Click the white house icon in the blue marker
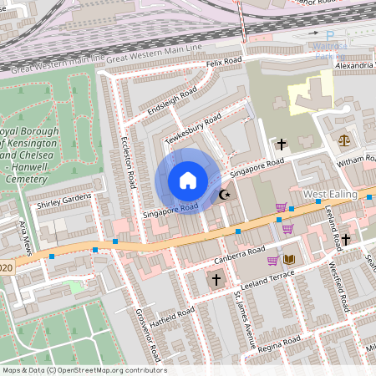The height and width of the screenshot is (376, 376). (x=188, y=180)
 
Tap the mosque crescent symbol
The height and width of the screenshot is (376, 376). (x=223, y=195)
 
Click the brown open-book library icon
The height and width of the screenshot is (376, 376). (x=289, y=260)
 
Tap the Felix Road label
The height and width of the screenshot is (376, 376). (x=224, y=63)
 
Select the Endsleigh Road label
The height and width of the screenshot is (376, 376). (x=170, y=101)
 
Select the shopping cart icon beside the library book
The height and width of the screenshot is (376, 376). (x=272, y=260)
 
